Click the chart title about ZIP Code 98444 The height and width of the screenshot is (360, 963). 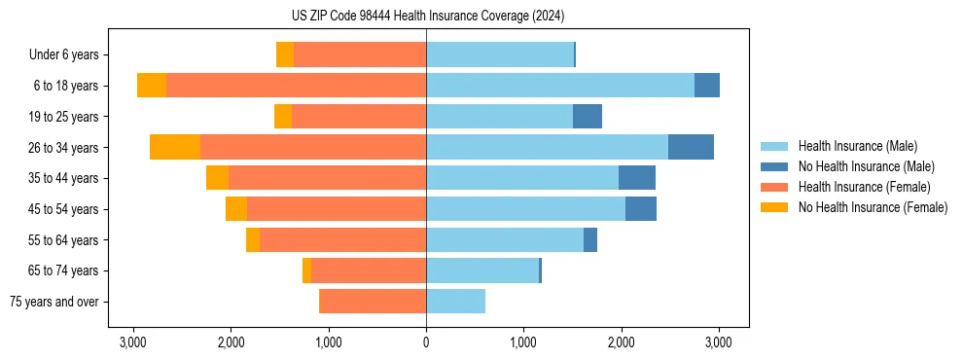pos(427,17)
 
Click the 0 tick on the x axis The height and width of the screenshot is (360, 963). pos(426,342)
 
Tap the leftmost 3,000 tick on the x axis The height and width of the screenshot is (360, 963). pos(133,342)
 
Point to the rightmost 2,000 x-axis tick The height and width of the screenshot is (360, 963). pos(622,342)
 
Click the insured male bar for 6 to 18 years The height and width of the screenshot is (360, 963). pos(560,86)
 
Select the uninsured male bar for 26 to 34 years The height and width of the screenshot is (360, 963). pos(691,147)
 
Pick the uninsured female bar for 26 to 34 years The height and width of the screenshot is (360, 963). pos(175,147)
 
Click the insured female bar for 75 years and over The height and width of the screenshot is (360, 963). pos(373,302)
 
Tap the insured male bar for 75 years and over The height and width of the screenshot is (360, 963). pos(455,302)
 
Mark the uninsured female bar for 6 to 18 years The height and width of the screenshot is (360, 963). pos(152,86)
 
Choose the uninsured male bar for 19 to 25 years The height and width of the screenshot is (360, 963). pos(588,117)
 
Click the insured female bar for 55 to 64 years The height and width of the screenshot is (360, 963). pos(342,240)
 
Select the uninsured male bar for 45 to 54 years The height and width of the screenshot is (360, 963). pos(641,209)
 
